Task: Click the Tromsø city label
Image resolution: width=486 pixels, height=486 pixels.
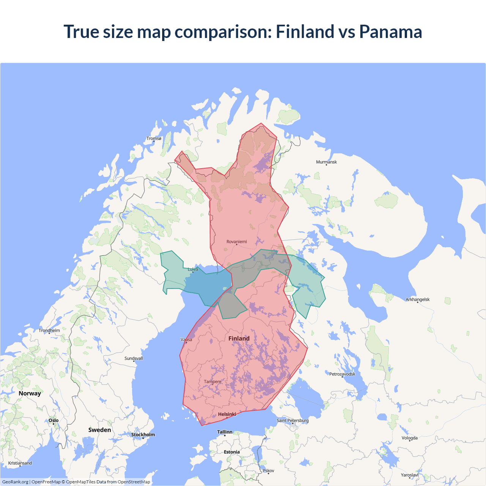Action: coord(154,139)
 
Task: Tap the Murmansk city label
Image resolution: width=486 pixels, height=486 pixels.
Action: coord(326,162)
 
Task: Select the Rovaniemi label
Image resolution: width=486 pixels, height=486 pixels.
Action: coord(237,242)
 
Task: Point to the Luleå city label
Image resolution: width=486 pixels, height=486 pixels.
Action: coord(193,270)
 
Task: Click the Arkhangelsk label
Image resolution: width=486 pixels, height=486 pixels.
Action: coord(417,300)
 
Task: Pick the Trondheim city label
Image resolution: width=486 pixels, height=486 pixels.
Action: coord(49,331)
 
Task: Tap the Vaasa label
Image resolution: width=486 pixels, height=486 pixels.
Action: coord(186,340)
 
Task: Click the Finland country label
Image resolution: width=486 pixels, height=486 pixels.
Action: coord(239,338)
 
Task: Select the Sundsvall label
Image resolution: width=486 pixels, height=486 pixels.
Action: coord(134,358)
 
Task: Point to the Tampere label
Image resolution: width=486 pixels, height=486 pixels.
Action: coord(212,382)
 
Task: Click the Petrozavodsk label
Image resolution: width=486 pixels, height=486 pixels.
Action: coord(342,374)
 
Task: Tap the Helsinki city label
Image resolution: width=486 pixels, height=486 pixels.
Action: coord(227,414)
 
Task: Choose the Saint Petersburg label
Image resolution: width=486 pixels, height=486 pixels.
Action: coord(292,420)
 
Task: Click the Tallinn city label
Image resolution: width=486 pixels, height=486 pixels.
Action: coord(224,432)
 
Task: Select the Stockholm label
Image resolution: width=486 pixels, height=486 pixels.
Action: coord(143,435)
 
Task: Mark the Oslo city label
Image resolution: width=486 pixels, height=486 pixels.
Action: coord(54,420)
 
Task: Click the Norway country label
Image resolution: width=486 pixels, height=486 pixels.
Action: coord(30,393)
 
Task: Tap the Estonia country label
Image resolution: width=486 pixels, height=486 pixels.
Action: coord(232,452)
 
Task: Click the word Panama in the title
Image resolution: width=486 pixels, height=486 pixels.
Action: coord(390,32)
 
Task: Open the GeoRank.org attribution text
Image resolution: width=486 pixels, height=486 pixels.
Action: coord(15,482)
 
